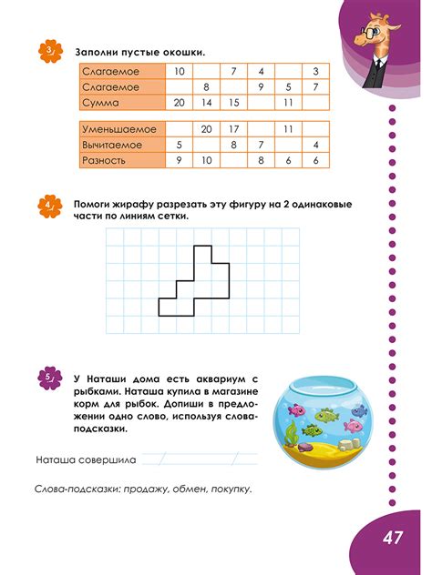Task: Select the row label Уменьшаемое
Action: pyautogui.click(x=118, y=129)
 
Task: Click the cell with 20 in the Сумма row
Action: pyautogui.click(x=179, y=103)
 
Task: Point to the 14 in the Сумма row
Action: pyautogui.click(x=206, y=103)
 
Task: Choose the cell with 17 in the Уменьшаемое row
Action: pyautogui.click(x=233, y=129)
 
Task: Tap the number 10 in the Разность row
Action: pyautogui.click(x=206, y=160)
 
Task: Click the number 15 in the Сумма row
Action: pyautogui.click(x=233, y=103)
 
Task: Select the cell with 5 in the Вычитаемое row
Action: pyautogui.click(x=179, y=145)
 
